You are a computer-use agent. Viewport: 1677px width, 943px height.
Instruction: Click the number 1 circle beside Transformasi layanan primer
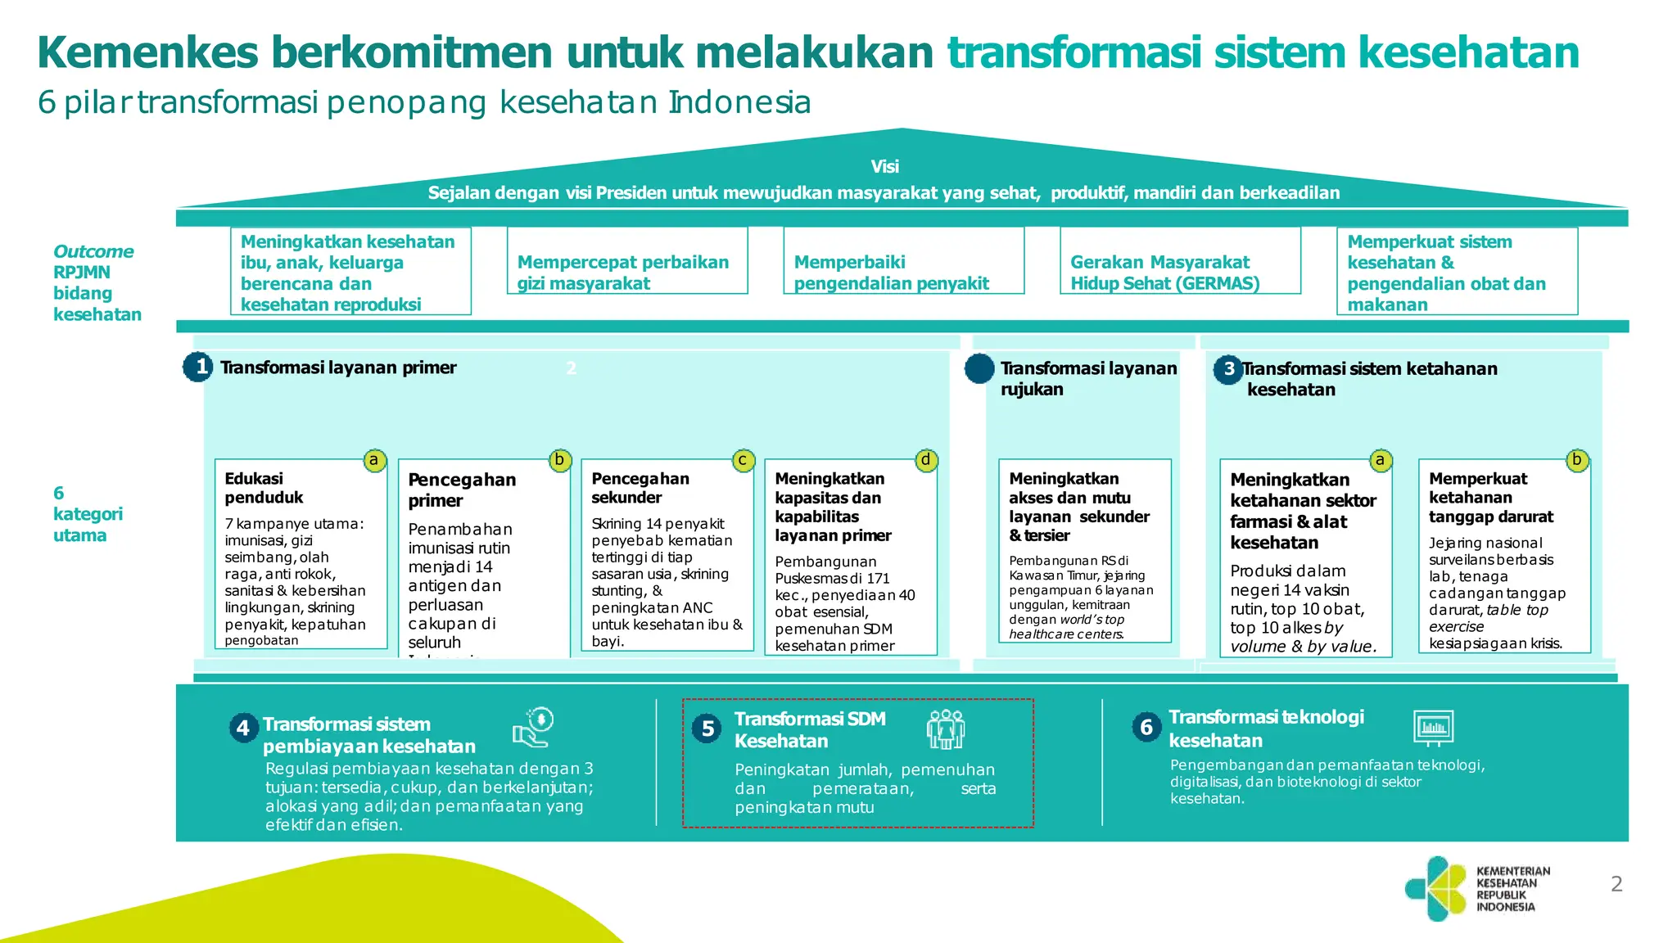point(198,367)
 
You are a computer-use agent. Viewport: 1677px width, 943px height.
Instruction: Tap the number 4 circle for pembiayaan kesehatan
point(243,728)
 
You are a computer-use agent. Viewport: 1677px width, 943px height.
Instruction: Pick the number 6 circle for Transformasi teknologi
point(1146,727)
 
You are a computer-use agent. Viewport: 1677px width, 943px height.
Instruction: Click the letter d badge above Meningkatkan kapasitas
point(925,460)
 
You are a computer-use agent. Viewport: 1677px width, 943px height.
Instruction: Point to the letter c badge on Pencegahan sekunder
point(743,460)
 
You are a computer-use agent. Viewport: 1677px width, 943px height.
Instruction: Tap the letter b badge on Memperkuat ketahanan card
point(1576,460)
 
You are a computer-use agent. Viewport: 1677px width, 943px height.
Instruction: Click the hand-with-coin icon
point(534,727)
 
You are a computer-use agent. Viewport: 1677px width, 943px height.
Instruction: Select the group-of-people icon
point(946,729)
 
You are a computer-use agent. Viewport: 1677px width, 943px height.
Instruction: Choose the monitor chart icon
point(1433,727)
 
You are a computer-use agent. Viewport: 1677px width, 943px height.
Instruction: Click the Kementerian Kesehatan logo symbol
point(1435,888)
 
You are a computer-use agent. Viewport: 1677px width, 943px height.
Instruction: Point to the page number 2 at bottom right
point(1616,884)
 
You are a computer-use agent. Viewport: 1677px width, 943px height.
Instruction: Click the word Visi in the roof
point(884,167)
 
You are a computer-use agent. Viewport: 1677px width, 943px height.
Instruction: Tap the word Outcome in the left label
point(93,252)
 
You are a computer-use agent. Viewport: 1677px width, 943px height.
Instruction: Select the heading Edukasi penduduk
point(264,488)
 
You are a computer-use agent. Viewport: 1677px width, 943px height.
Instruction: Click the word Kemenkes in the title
point(148,52)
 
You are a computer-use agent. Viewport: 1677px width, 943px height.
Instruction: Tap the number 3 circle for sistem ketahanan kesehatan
point(1228,369)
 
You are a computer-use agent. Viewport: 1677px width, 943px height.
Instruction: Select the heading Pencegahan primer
point(462,490)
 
